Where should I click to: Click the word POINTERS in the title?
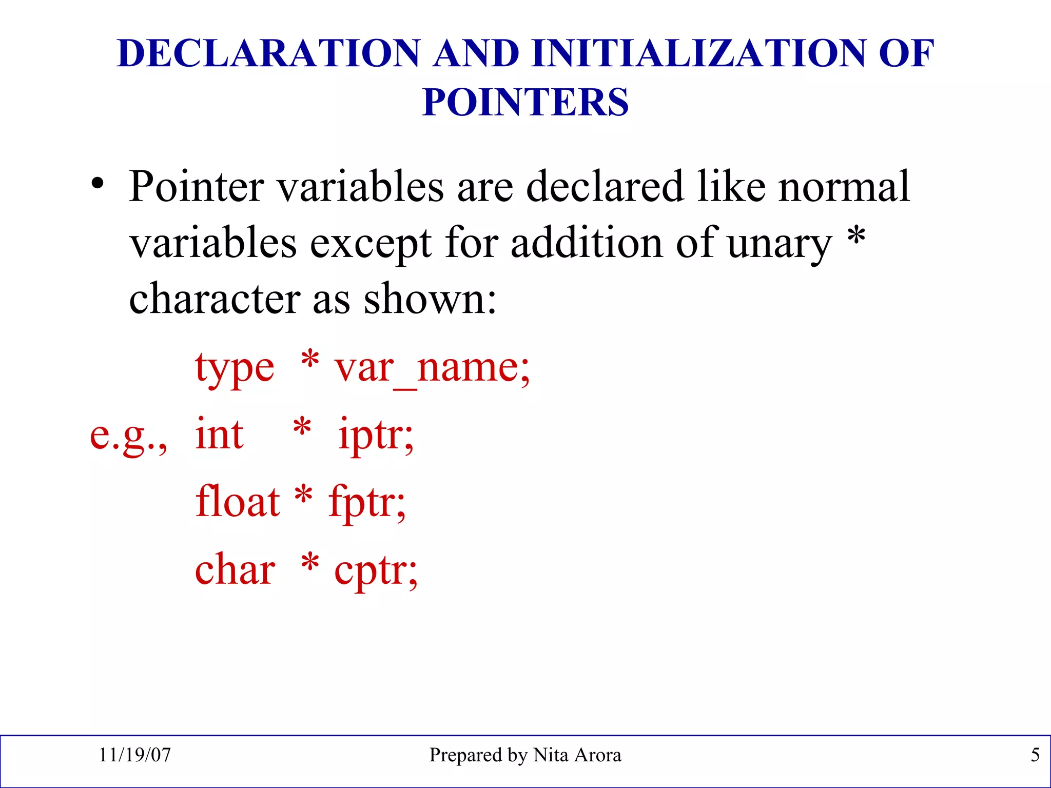(525, 102)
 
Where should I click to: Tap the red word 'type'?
(235, 368)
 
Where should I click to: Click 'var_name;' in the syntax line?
(432, 368)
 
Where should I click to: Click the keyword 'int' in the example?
(219, 435)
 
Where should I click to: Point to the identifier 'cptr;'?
(376, 571)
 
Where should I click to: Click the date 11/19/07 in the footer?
(134, 755)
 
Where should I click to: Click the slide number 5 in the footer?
(1035, 755)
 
